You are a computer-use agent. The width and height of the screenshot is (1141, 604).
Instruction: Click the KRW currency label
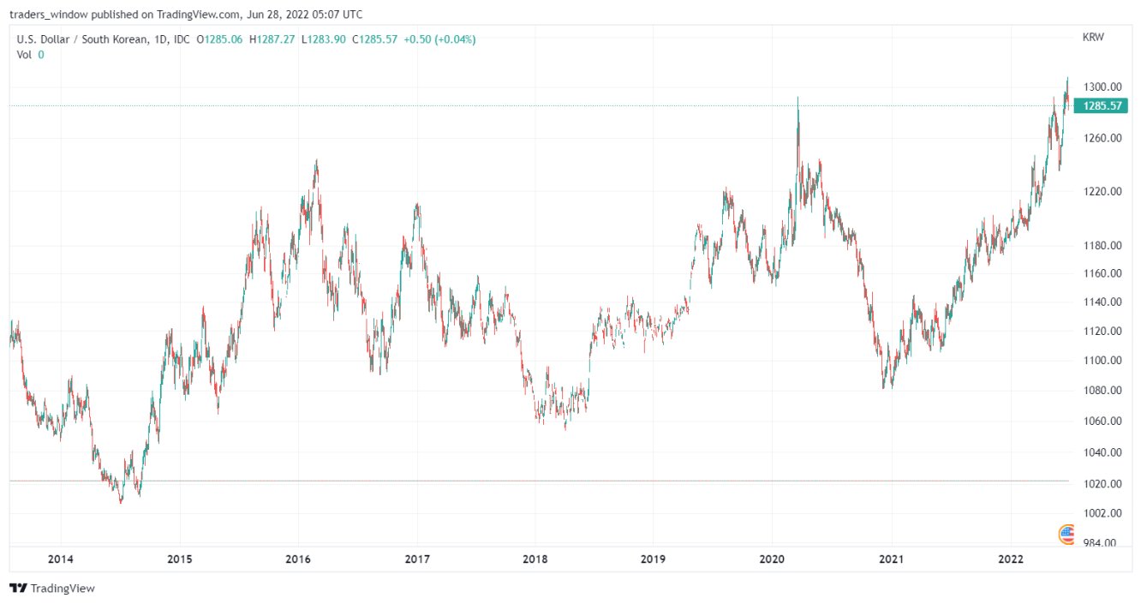(x=1092, y=38)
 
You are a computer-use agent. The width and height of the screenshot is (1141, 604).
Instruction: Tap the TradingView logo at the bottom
(x=52, y=589)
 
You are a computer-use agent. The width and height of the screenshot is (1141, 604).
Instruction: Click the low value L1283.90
(x=323, y=39)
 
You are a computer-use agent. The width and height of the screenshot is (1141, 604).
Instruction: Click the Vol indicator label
(x=25, y=55)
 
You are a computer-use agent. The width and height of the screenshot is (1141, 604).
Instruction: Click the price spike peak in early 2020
(x=798, y=99)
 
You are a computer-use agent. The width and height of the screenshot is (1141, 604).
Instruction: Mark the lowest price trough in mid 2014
(x=120, y=502)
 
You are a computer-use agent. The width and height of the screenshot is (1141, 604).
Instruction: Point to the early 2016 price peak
(x=316, y=160)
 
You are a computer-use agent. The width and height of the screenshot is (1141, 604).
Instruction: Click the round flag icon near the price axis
(x=1066, y=535)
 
